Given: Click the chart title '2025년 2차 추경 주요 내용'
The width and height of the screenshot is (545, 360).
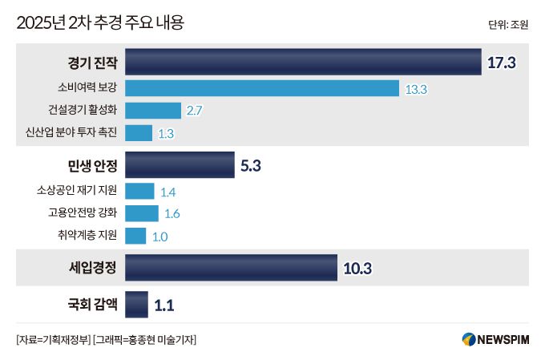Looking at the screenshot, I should [x=100, y=22].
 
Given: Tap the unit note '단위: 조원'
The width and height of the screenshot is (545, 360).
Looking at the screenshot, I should [x=507, y=25].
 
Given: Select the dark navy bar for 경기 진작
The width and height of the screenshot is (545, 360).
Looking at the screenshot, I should [x=303, y=63].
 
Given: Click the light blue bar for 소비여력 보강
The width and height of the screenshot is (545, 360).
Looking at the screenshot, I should [x=262, y=88].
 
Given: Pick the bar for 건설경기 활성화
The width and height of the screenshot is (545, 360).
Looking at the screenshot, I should [x=153, y=111].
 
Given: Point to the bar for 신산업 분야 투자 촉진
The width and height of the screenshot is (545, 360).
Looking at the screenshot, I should [x=139, y=133].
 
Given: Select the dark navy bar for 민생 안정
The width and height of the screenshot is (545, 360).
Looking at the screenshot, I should [x=180, y=167].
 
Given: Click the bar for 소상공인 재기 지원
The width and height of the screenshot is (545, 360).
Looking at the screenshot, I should [x=139, y=191].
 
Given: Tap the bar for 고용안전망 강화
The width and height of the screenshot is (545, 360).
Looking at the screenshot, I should [x=142, y=213].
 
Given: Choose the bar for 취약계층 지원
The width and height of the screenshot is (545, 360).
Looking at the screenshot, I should [x=135, y=236].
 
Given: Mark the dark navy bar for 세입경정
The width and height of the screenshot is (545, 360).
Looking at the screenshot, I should [x=231, y=268].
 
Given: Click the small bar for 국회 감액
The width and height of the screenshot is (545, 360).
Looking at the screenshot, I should [x=136, y=305].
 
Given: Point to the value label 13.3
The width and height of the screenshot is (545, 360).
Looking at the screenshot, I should [x=416, y=89].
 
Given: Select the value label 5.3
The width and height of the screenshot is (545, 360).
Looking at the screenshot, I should [x=251, y=167].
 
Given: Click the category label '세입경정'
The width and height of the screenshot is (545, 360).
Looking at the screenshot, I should [x=93, y=268].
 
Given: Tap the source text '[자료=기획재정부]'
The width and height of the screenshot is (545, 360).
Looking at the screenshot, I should [x=52, y=339].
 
